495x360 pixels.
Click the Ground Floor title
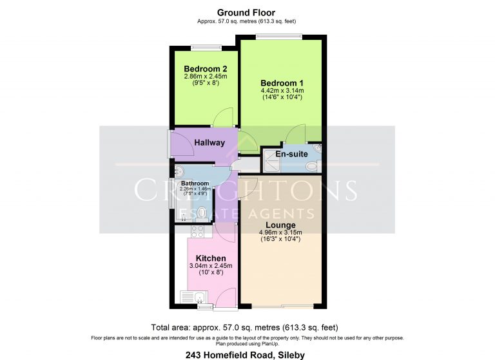click(246, 13)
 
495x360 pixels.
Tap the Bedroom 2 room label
click(206, 69)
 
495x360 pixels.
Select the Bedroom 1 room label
click(282, 83)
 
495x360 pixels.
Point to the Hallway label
click(209, 142)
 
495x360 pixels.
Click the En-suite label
click(292, 154)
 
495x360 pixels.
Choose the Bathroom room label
click(195, 184)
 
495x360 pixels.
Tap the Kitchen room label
click(211, 258)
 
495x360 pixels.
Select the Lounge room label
click(280, 225)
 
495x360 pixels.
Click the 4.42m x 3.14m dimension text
click(282, 91)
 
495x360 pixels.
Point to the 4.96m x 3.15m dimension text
click(280, 232)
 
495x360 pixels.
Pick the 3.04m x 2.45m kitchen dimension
click(211, 266)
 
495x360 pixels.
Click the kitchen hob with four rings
click(198, 232)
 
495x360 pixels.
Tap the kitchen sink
click(193, 298)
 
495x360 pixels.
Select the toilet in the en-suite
click(312, 166)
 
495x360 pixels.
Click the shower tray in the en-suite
click(271, 161)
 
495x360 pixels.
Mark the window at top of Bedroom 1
click(278, 37)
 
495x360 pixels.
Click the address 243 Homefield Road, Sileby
click(246, 355)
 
